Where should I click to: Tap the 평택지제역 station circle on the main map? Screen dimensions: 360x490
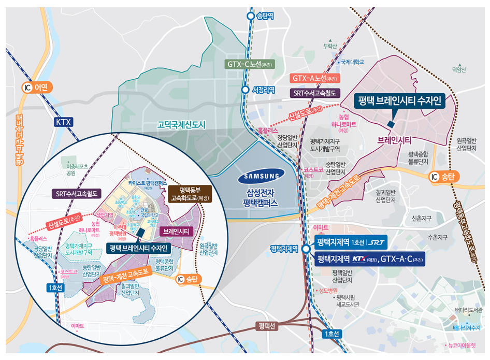306,249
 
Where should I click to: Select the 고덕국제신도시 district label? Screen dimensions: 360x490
181,125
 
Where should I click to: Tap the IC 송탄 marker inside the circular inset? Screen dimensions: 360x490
187,280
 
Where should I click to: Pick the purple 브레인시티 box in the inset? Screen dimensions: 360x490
176,231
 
